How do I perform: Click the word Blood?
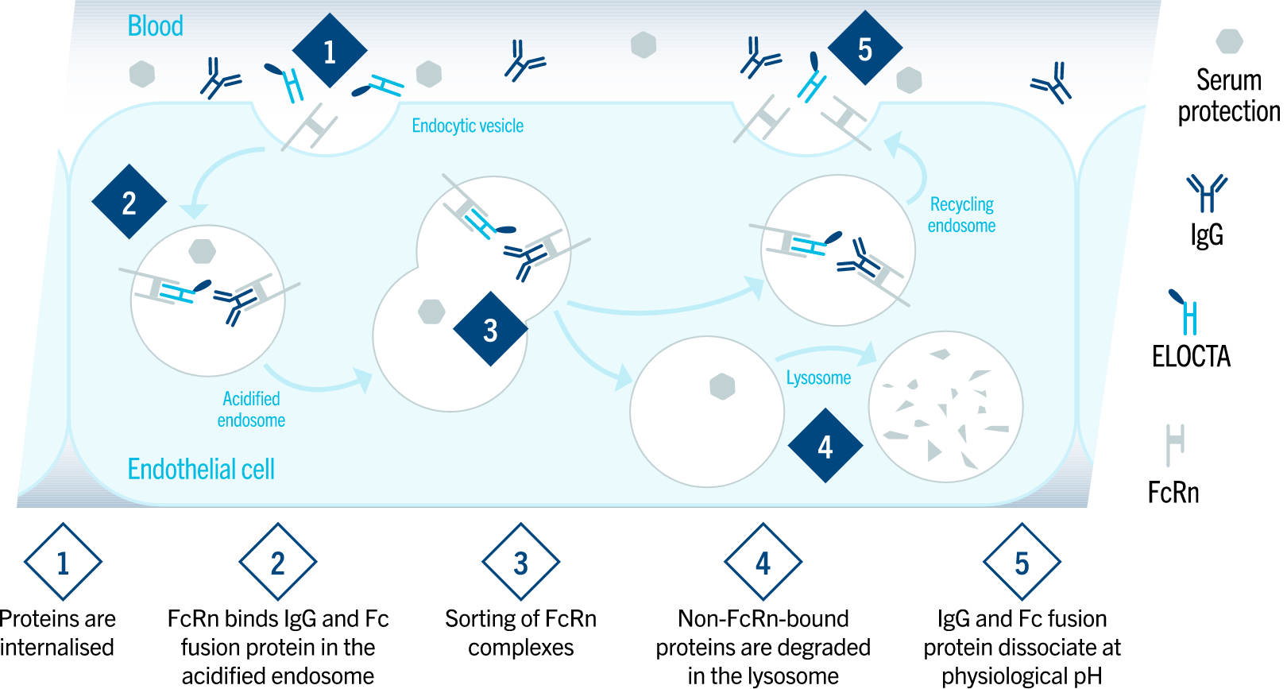[x=156, y=26]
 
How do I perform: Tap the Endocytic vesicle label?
[x=467, y=126]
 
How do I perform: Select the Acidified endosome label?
[x=251, y=409]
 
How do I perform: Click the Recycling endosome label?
[x=961, y=215]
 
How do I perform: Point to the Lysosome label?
[x=818, y=378]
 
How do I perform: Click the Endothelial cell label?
[x=201, y=469]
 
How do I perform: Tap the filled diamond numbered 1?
[x=330, y=51]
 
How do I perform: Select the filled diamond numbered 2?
[x=129, y=202]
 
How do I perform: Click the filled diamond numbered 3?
[x=490, y=329]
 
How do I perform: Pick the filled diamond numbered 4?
[x=825, y=446]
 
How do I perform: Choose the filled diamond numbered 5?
[x=865, y=48]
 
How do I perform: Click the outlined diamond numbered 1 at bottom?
[x=63, y=562]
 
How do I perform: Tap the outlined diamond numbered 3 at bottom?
[x=520, y=562]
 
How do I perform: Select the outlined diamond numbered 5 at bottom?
[x=1022, y=562]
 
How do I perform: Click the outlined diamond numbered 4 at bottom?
[x=763, y=562]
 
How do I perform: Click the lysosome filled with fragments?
[x=945, y=406]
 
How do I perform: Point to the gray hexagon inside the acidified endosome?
[x=203, y=251]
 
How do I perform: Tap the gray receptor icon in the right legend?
[x=1175, y=443]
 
